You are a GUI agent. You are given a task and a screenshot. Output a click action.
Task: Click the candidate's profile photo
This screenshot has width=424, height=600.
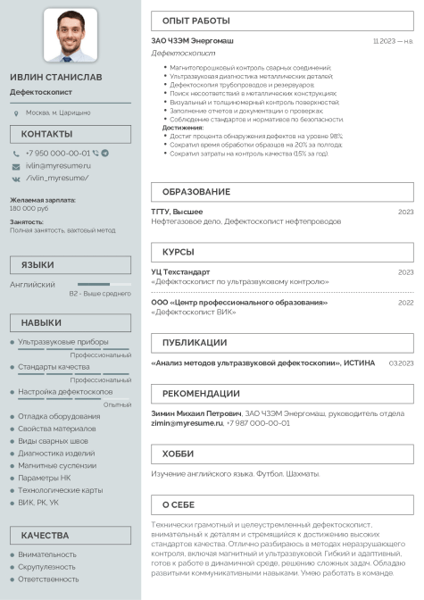pos(71,35)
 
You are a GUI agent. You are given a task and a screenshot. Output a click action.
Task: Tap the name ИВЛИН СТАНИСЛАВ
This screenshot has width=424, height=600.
pos(56,77)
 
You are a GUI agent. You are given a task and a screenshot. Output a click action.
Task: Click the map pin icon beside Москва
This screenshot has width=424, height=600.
pos(16,113)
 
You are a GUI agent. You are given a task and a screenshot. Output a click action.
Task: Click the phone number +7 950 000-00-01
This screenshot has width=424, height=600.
pos(57,153)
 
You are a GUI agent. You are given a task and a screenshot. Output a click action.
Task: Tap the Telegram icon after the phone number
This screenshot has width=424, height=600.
pos(105,153)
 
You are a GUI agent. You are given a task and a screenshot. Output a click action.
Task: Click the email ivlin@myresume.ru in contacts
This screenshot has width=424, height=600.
pos(58,165)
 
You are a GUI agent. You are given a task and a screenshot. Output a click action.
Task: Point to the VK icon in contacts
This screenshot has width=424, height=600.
pos(16,178)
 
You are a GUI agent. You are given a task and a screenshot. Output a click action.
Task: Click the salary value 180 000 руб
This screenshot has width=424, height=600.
pos(29,208)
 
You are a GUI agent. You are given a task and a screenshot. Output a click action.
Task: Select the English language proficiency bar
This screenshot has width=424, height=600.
pos(104,284)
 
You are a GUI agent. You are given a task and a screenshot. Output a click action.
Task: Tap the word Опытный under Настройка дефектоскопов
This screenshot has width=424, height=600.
pos(117,404)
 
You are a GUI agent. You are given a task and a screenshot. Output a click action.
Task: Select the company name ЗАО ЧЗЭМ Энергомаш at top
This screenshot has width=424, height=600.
pos(192,40)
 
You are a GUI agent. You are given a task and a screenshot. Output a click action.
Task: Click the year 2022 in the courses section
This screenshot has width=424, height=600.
pos(405,303)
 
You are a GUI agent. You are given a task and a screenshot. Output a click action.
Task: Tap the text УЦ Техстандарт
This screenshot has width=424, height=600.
pos(180,271)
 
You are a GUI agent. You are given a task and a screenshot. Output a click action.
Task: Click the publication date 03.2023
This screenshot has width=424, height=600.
pos(401,363)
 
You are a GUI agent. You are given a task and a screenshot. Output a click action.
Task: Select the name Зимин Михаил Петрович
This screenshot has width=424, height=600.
pos(195,413)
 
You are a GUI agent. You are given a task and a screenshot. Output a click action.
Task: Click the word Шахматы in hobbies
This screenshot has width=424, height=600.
pos(304,473)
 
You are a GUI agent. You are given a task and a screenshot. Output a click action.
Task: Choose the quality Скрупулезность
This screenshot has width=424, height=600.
pos(47,566)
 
